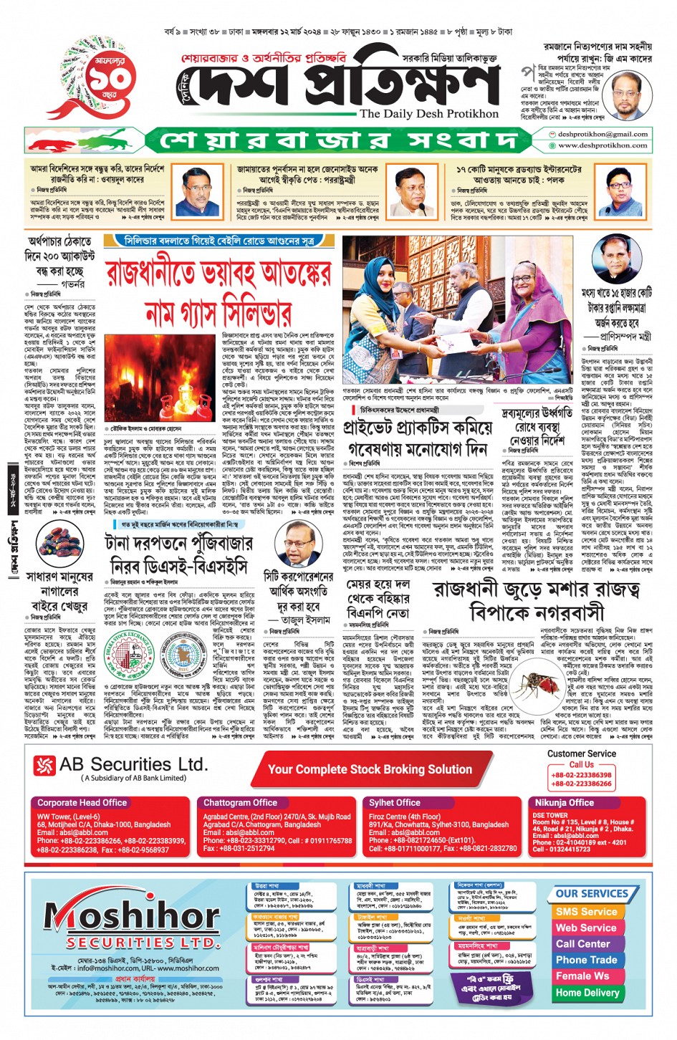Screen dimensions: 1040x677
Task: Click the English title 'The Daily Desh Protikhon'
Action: (428, 113)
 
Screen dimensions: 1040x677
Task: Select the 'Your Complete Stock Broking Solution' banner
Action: (370, 769)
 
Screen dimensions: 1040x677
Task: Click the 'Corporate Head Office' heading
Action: (82, 803)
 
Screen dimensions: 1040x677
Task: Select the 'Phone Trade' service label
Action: (586, 960)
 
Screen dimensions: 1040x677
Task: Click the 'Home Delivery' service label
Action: (587, 993)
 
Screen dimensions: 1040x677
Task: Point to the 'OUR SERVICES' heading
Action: (591, 894)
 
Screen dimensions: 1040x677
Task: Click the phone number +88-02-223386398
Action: (581, 775)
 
